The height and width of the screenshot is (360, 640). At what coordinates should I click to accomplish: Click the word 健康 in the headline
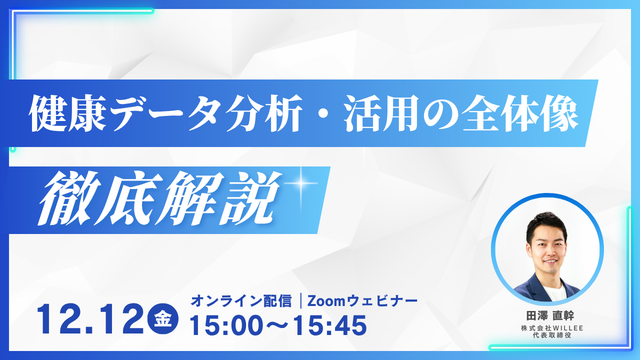click(67, 113)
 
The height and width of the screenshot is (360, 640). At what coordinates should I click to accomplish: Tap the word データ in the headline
click(165, 113)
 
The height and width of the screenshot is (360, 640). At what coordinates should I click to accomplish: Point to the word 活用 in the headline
click(381, 113)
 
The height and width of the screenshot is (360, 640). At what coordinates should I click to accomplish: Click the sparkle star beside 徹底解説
click(300, 183)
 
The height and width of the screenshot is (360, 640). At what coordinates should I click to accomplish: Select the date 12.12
click(90, 319)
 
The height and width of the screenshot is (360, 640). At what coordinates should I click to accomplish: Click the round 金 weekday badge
click(163, 319)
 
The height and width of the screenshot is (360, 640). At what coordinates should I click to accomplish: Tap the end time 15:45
click(330, 325)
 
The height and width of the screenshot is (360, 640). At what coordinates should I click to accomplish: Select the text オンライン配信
click(241, 301)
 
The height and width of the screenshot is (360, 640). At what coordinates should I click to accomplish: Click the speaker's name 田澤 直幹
click(550, 315)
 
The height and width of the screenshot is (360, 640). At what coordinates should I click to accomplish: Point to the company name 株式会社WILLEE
click(552, 328)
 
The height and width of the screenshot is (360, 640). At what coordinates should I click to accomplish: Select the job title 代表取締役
click(552, 335)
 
